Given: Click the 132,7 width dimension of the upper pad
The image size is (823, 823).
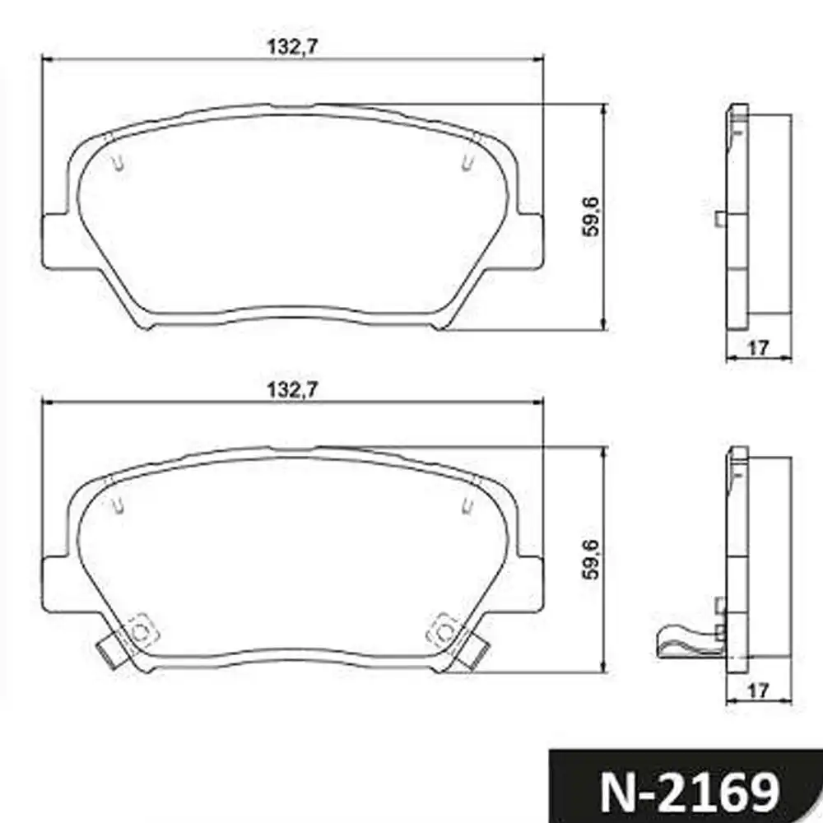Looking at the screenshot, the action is coord(292,47).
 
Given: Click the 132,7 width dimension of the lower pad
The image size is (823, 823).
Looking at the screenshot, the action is coord(292,390).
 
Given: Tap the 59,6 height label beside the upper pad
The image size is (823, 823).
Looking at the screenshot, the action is coord(591,216).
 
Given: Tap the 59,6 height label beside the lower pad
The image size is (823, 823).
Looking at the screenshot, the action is coord(591,560).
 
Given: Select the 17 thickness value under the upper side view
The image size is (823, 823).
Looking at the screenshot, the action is coord(757,348).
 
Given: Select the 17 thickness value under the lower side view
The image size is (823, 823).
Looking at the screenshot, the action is coord(757,691).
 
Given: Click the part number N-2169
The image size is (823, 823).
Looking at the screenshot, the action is coord(689,792).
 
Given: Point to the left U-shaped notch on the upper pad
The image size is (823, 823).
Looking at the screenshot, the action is coord(120,163).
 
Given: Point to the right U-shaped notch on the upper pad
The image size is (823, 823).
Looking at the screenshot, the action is coord(467,163).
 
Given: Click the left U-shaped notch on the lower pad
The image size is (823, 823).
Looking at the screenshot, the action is coord(119,505).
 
